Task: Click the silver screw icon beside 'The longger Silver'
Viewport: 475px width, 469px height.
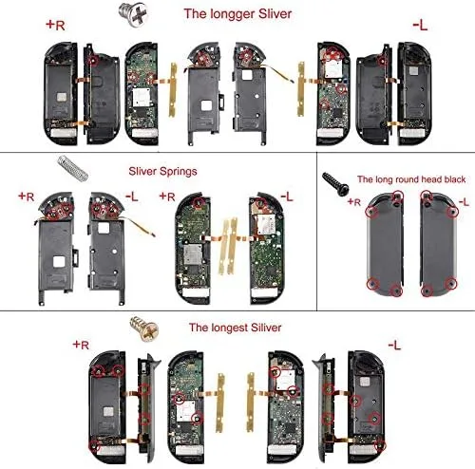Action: (x=123, y=13)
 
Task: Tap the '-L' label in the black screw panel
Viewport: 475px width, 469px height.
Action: (x=463, y=202)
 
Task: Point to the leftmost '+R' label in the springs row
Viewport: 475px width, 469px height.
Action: (x=27, y=197)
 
